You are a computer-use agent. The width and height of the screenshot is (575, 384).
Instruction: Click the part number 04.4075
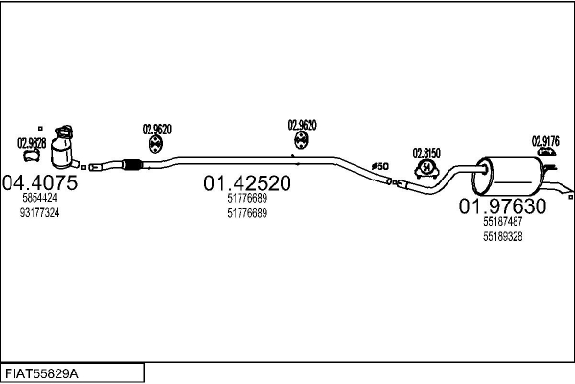tap(39, 182)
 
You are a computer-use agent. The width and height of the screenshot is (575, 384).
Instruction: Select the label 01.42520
tap(247, 183)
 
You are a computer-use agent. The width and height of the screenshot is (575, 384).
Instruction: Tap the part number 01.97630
tap(502, 205)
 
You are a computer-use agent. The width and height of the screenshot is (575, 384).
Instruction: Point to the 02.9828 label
tap(31, 144)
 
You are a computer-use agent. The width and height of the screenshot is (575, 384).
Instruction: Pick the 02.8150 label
tap(426, 154)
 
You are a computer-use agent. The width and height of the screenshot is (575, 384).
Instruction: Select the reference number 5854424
tap(38, 198)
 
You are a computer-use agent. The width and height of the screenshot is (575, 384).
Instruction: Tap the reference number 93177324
tap(38, 212)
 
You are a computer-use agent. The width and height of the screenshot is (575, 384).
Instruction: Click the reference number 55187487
tap(502, 221)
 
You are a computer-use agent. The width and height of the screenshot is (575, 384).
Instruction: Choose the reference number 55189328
tap(502, 236)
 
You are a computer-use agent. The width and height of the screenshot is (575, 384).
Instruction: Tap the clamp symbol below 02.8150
tap(425, 171)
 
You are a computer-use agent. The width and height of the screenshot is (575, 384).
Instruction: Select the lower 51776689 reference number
tap(247, 213)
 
